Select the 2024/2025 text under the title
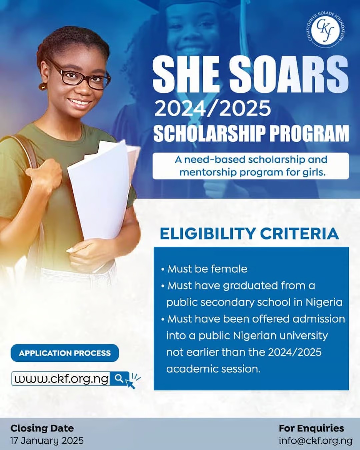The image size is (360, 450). (212, 109)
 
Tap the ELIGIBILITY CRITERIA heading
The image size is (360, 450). (249, 234)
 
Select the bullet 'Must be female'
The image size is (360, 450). (207, 269)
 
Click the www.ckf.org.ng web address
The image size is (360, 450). (61, 379)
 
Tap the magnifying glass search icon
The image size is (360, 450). (119, 378)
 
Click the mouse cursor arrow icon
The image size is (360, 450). (130, 384)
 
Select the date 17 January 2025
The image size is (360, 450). (47, 441)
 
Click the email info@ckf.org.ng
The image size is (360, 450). (315, 441)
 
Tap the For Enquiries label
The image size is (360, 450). (311, 428)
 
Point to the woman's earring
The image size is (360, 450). (43, 86)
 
